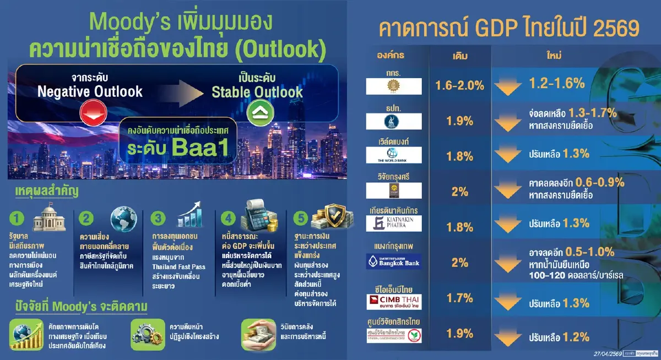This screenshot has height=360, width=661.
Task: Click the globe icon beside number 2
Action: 123,219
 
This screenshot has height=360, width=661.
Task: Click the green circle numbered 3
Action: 159,218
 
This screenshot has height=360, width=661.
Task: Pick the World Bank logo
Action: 394,155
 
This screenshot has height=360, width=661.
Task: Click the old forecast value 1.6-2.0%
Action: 459,85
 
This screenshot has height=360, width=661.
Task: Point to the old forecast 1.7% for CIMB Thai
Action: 459,298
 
